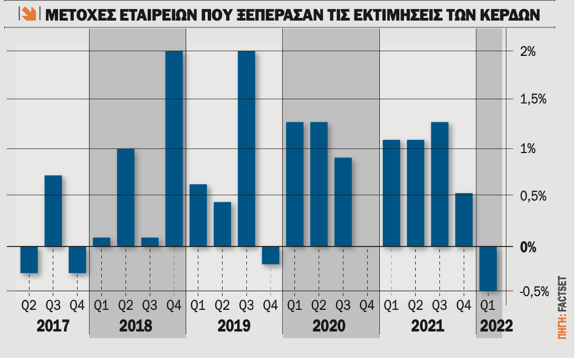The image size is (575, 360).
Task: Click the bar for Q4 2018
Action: [x=174, y=148]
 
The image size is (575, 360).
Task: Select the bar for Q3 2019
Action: [x=246, y=148]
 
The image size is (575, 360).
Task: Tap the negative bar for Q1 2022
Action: [x=488, y=269]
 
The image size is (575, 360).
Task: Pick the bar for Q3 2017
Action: [x=53, y=211]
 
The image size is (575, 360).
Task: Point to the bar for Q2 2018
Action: [x=126, y=197]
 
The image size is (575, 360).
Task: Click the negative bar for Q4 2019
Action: [x=271, y=255]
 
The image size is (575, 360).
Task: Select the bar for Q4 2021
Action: [x=464, y=220]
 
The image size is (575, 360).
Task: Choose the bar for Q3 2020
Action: [x=343, y=202]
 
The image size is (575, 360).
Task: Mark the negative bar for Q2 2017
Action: [x=29, y=260]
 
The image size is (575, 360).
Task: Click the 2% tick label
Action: [x=528, y=52]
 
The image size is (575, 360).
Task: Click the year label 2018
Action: [x=136, y=325]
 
